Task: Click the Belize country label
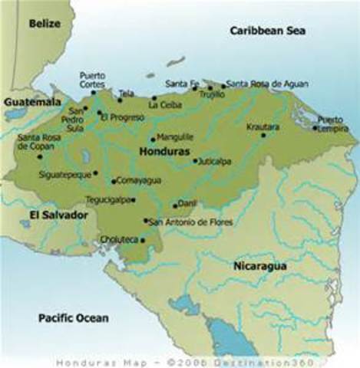[45, 24]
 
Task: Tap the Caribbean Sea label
[268, 31]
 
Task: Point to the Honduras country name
[163, 152]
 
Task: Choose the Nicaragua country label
[259, 265]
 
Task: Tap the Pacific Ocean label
[74, 317]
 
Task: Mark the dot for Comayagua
[114, 182]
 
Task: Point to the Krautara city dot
[263, 136]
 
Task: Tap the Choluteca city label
[118, 239]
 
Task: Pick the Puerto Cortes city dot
[94, 93]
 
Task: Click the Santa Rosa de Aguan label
[263, 84]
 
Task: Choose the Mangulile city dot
[153, 140]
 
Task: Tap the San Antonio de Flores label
[187, 222]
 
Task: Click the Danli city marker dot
[175, 205]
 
